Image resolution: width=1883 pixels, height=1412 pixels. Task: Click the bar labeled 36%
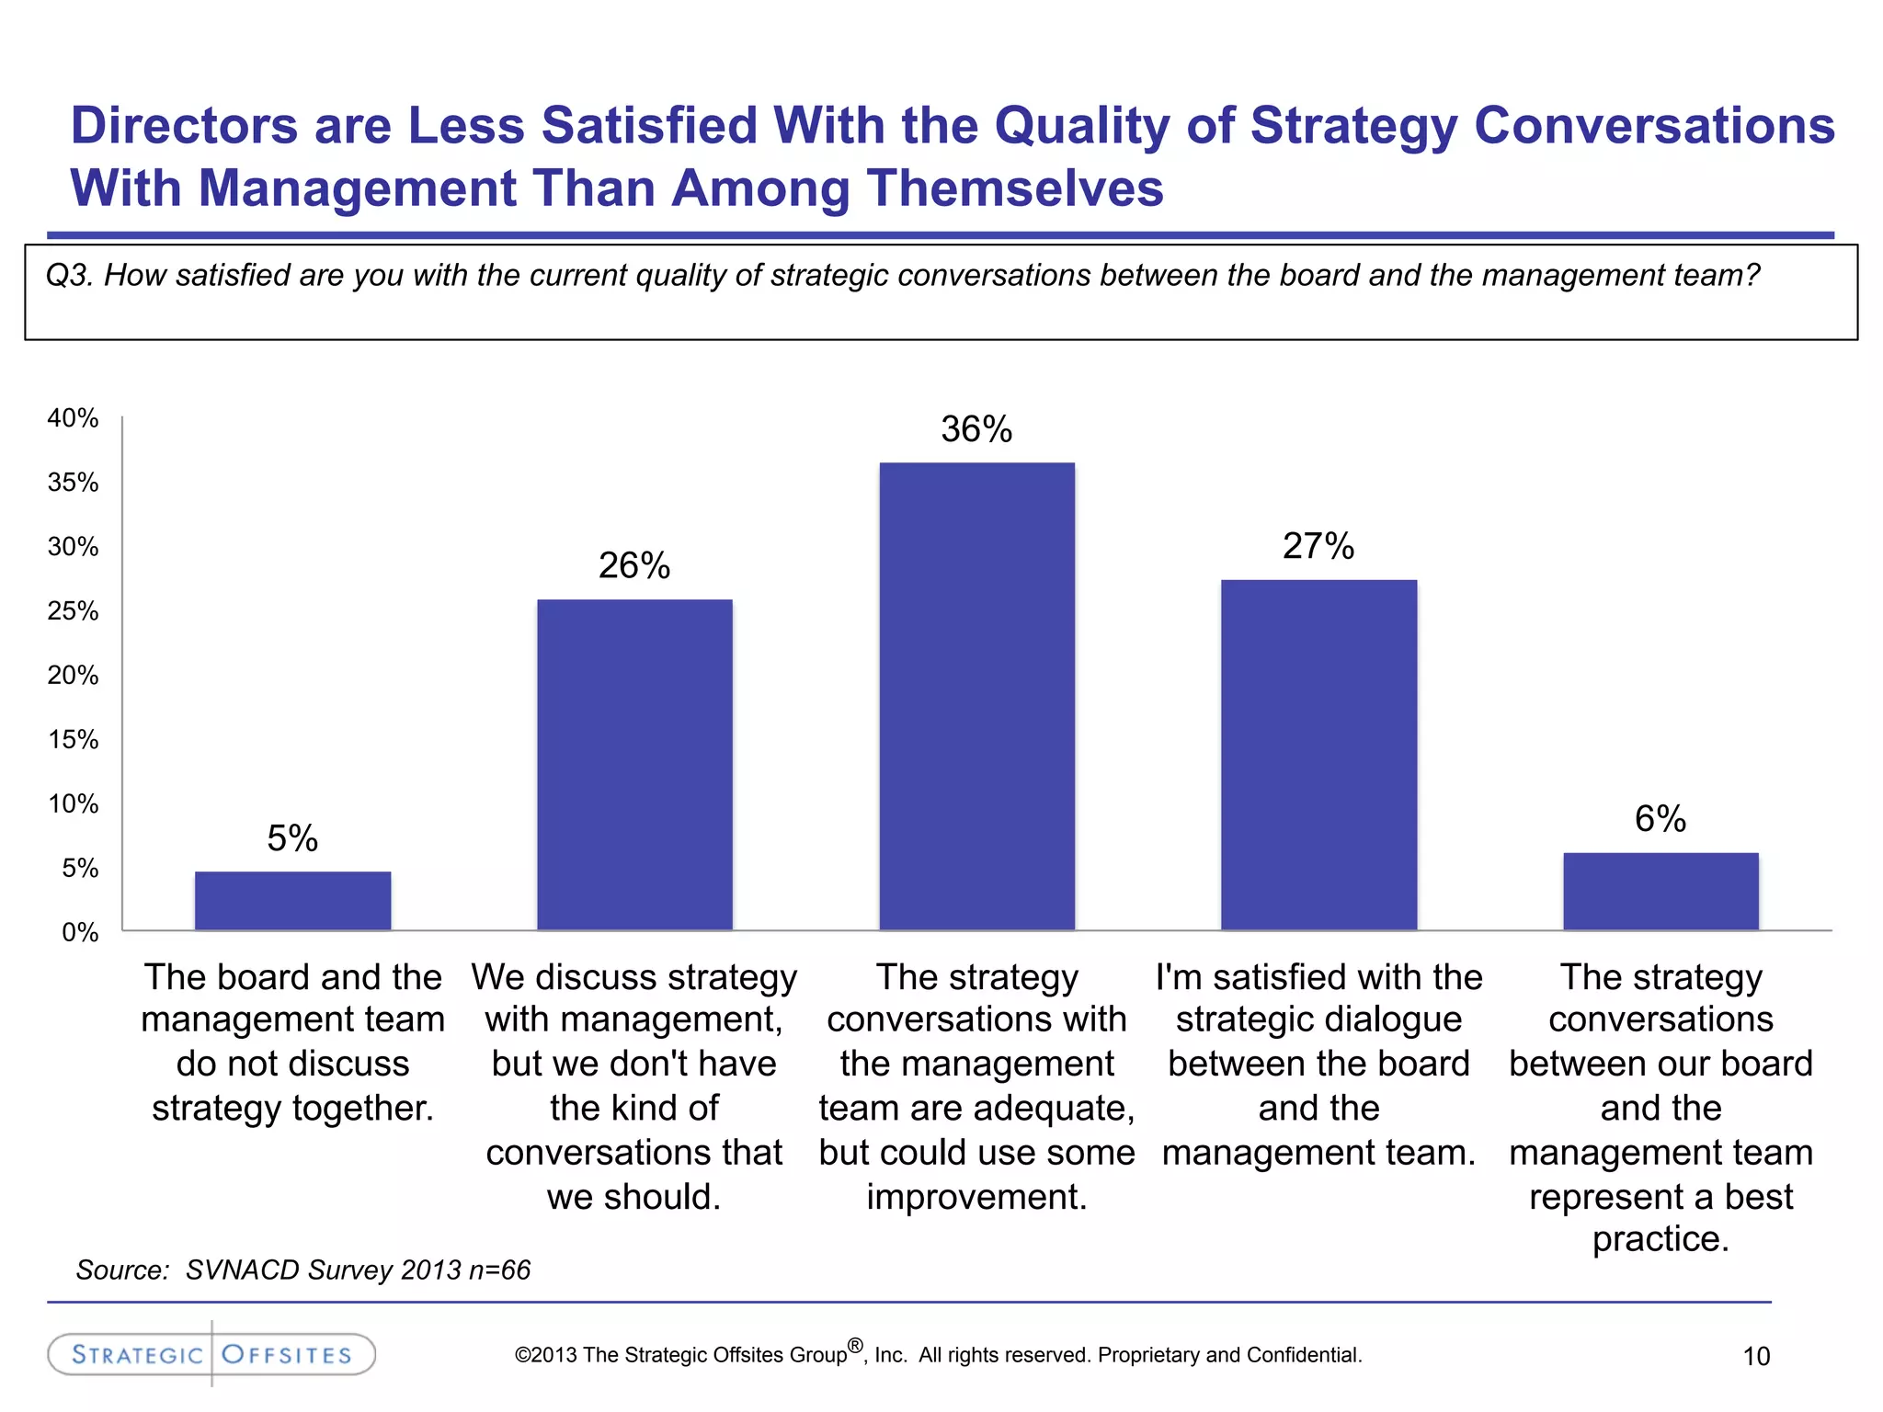coord(976,696)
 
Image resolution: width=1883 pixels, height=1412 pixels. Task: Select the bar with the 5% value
coord(292,901)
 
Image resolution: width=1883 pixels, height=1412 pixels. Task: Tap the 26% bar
coord(634,765)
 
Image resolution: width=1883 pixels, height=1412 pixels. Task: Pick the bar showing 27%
coord(1318,755)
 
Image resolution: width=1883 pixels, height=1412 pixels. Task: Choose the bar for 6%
coord(1660,891)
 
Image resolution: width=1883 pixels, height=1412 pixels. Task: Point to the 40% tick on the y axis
coord(73,418)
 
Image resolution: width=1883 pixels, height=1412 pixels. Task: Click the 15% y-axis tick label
coord(73,740)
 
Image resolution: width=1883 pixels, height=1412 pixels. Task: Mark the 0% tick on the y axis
coord(79,933)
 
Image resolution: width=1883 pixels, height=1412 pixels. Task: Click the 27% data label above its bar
coord(1318,546)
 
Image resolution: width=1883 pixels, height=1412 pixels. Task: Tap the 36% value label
coord(976,429)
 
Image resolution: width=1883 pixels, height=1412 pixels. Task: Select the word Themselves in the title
coord(1015,188)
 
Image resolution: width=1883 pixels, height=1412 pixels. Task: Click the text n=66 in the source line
coord(499,1270)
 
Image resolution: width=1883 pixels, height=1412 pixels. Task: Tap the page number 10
coord(1756,1356)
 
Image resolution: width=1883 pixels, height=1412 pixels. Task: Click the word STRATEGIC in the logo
coord(137,1355)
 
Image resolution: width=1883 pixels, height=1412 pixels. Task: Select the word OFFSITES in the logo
coord(287,1355)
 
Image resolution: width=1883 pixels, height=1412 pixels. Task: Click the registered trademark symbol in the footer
coord(855,1346)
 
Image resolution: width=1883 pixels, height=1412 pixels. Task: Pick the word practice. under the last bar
coord(1660,1239)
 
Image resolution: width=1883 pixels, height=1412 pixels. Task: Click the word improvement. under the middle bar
coord(976,1197)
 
